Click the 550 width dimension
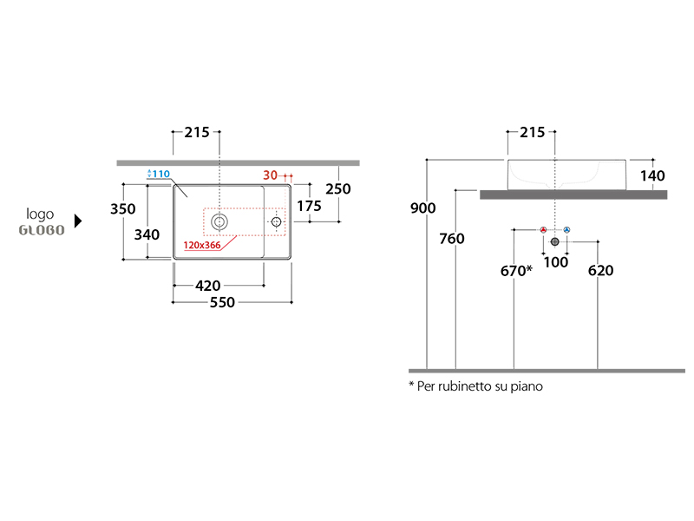222,302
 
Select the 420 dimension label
207,286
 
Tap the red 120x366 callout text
202,245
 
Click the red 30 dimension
270,175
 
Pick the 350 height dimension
122,208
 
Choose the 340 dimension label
147,234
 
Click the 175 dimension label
309,206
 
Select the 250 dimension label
338,189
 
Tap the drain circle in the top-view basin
219,221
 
